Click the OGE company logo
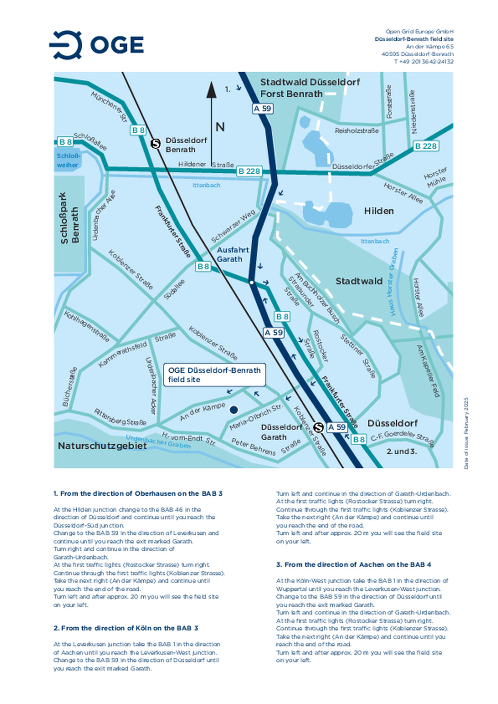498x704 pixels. (x=97, y=45)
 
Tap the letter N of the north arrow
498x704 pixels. (x=220, y=127)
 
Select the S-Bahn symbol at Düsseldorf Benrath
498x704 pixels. (x=156, y=143)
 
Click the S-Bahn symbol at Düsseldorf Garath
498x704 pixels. (x=318, y=427)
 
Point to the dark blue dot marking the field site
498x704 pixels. (x=234, y=410)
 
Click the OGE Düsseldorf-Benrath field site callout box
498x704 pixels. (x=214, y=374)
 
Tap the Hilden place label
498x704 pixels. (x=379, y=211)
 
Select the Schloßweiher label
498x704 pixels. (x=68, y=161)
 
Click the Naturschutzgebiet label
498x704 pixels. (x=102, y=446)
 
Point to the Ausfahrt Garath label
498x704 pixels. (x=232, y=254)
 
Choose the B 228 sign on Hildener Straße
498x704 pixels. (x=249, y=171)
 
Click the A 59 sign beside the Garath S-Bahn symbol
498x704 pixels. (x=337, y=427)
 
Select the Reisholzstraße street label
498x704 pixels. (x=357, y=131)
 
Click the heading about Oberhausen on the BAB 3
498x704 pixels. (x=138, y=494)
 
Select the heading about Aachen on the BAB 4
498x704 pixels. (x=353, y=564)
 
